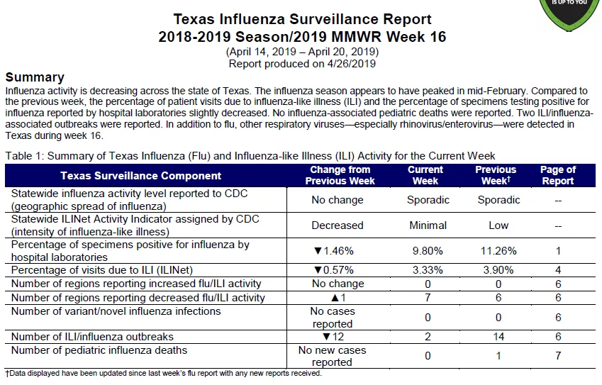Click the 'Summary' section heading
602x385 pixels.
coord(35,77)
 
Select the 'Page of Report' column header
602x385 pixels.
coord(558,175)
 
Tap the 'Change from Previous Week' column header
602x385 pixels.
coord(340,175)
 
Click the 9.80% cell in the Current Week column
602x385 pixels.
coord(428,251)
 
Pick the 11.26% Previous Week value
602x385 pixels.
coord(498,251)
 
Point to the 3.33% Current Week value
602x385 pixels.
coord(428,270)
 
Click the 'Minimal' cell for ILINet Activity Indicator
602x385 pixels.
coord(428,225)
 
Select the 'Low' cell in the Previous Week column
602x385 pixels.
coord(498,225)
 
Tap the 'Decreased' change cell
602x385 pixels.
coord(337,225)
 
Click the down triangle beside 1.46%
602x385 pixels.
coord(318,251)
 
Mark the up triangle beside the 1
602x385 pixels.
coord(335,298)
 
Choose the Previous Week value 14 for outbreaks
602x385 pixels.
coord(498,337)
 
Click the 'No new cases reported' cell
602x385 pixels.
coord(332,356)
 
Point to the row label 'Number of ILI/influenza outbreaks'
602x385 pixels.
coord(92,337)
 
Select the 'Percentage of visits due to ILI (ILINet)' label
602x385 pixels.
coord(101,270)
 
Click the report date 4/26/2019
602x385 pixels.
coord(351,64)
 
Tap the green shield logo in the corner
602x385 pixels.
coord(569,13)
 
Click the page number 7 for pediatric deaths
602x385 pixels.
coord(558,356)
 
